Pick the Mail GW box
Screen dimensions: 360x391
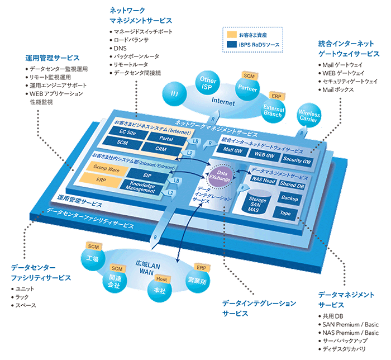[x=232, y=151]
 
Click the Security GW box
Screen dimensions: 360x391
[x=297, y=160]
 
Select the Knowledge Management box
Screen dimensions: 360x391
[x=138, y=188]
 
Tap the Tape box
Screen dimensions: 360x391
[x=285, y=212]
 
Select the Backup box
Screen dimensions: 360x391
[x=289, y=198]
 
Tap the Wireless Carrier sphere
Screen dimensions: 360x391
[x=309, y=116]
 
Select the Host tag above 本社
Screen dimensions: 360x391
[x=161, y=279]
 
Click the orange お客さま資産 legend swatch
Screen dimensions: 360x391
[x=231, y=35]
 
